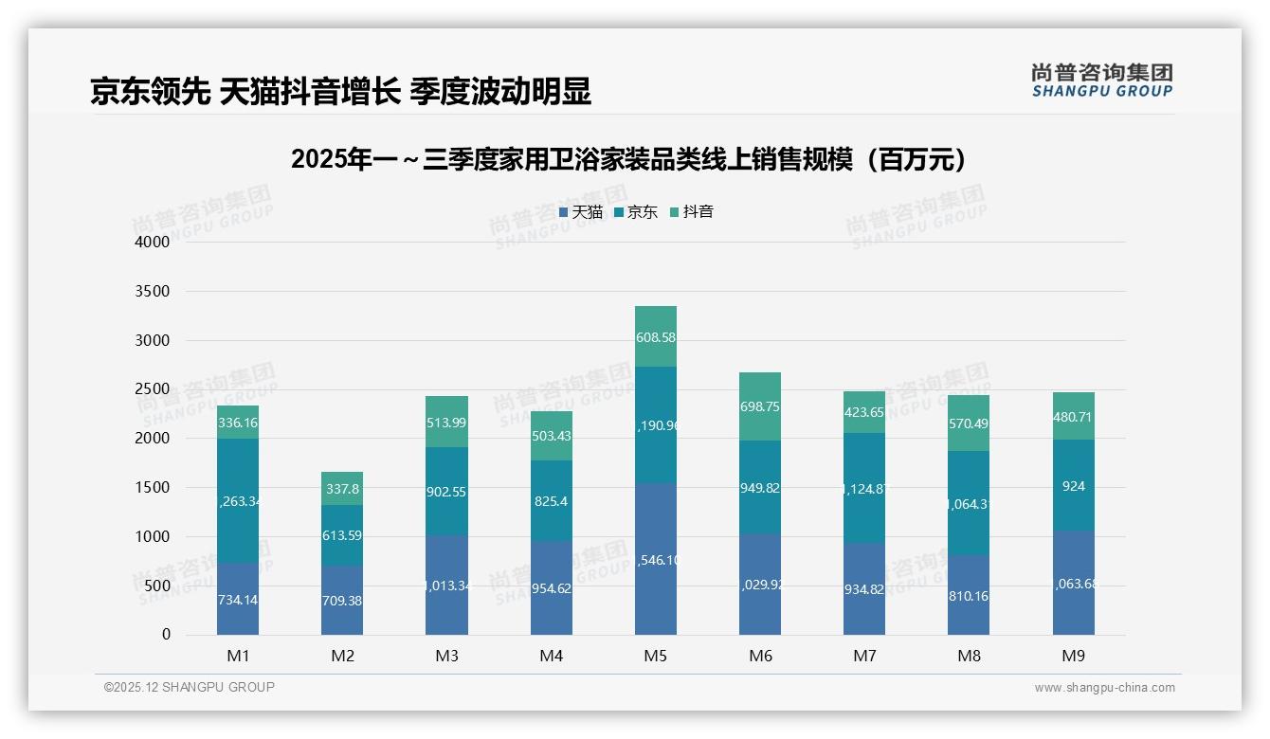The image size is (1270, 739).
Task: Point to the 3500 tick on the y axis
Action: (x=153, y=292)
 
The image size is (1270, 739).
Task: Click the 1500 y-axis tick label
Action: (x=153, y=488)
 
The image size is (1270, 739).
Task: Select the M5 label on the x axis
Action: (x=656, y=656)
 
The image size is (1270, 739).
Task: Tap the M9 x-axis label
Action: (x=1073, y=656)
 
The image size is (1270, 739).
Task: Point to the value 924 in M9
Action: (x=1073, y=487)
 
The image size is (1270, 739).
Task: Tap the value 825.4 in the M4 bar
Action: (x=551, y=501)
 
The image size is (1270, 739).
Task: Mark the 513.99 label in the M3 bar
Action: (x=446, y=423)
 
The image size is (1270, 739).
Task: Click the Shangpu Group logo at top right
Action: (x=1101, y=80)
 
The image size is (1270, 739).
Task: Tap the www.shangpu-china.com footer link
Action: (x=1104, y=688)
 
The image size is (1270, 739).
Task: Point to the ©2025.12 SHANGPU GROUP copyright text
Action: (x=190, y=688)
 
